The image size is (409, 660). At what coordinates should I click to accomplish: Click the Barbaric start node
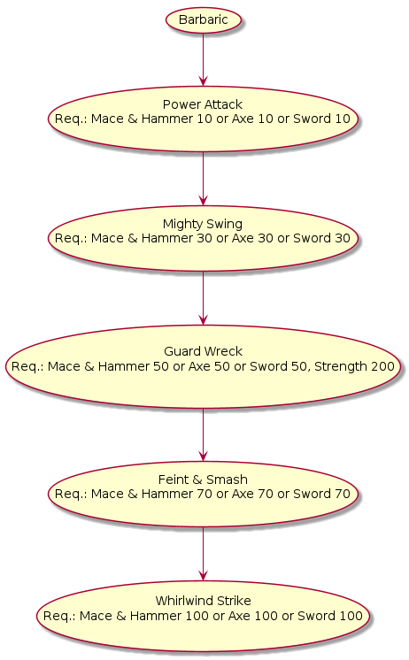coord(204,19)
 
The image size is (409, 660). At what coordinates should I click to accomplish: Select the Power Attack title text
coord(203,104)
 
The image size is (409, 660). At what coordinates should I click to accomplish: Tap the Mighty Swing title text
coord(203,224)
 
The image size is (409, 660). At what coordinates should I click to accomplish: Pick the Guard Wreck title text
coord(203,351)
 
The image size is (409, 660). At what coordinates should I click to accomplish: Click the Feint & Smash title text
coord(203,480)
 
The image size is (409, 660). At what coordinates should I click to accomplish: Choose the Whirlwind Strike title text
coord(203,601)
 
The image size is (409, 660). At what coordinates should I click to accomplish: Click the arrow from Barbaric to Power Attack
coord(203,59)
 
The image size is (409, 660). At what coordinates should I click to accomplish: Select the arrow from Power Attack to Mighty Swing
coord(203,179)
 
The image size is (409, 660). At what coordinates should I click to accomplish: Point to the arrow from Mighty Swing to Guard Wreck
coord(203,298)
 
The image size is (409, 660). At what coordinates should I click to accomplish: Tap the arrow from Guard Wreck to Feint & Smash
coord(203,434)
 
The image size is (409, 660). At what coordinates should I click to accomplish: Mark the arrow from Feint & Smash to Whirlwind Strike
coord(203,555)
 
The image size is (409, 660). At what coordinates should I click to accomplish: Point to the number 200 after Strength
coord(382,366)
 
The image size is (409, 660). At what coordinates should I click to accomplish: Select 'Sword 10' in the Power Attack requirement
coord(322,119)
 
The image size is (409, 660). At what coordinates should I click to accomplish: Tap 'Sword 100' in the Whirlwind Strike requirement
coord(330,616)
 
